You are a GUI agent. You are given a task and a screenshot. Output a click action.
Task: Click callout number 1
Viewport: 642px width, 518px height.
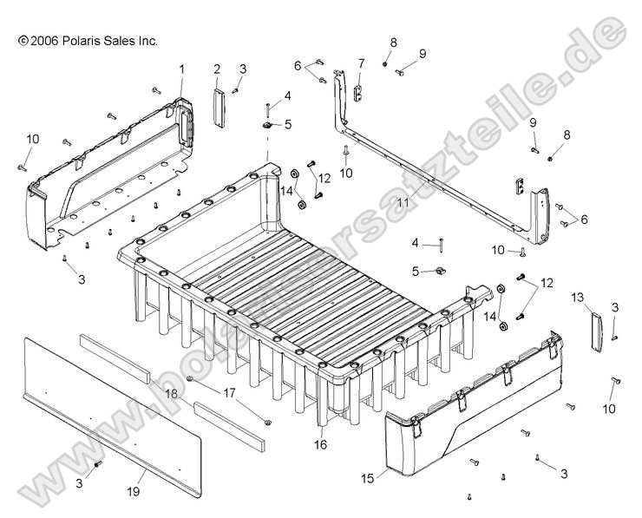point(182,68)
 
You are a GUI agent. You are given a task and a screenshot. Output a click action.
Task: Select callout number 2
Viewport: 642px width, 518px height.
point(217,68)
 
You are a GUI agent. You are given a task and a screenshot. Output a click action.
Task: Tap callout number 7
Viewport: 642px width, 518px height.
point(361,63)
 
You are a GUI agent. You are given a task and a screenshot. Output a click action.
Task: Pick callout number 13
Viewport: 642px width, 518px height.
point(578,297)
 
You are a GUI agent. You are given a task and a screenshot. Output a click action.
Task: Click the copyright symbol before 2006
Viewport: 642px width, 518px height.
point(22,40)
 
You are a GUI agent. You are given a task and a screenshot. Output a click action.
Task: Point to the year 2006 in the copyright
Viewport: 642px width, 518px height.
point(46,40)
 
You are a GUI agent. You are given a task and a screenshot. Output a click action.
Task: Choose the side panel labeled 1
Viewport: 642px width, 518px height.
point(113,174)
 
